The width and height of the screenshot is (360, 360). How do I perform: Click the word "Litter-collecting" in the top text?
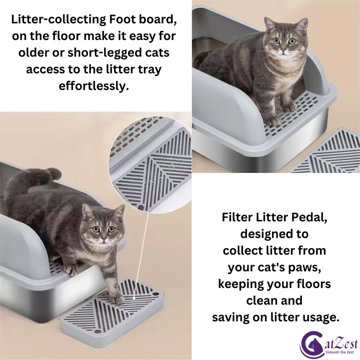tap(58, 20)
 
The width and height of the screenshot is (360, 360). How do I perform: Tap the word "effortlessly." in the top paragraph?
tap(93, 86)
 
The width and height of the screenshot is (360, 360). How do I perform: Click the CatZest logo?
tap(328, 345)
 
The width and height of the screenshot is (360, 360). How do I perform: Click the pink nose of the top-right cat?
tap(284, 49)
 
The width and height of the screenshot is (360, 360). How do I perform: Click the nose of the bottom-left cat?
tap(104, 239)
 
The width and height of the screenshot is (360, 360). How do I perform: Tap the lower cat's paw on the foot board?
tap(117, 299)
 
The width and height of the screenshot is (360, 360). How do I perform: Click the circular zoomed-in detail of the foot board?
tap(150, 164)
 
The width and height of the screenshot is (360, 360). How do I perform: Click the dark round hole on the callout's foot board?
tap(141, 208)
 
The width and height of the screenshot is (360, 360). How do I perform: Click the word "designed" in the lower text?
tap(274, 234)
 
